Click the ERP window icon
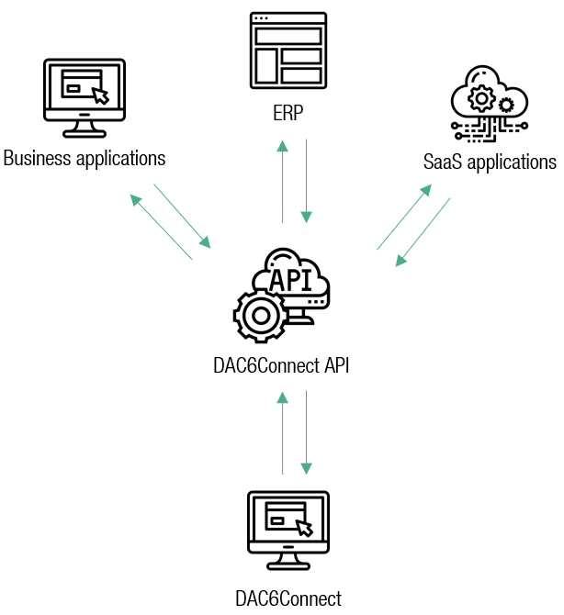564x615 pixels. pyautogui.click(x=288, y=52)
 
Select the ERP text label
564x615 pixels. pyautogui.click(x=288, y=115)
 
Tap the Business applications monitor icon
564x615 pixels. pyautogui.click(x=85, y=96)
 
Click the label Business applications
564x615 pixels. pyautogui.click(x=85, y=158)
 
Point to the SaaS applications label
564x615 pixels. pyautogui.click(x=490, y=162)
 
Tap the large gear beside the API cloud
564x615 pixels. pyautogui.click(x=261, y=315)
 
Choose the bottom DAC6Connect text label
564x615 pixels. pyautogui.click(x=288, y=599)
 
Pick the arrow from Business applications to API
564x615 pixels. pyautogui.click(x=182, y=216)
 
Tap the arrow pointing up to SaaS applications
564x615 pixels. pyautogui.click(x=404, y=217)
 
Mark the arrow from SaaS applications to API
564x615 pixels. pyautogui.click(x=423, y=232)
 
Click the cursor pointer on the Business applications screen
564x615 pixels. pyautogui.click(x=100, y=95)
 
